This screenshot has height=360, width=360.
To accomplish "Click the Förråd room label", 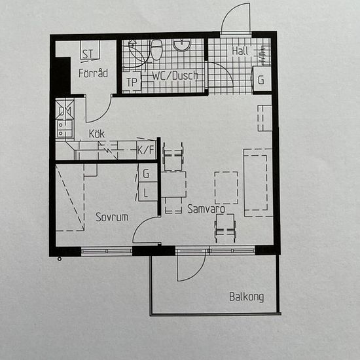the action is [93, 73].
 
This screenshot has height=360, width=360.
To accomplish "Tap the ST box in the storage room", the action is [90, 50].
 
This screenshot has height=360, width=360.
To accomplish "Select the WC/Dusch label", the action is [175, 75].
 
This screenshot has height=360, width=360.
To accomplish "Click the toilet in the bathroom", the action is [156, 49].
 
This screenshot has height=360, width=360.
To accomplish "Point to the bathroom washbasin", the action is [181, 45].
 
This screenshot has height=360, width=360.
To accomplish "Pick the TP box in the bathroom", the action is [132, 82].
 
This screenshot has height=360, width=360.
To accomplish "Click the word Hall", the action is [240, 51].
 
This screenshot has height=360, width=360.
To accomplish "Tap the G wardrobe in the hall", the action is [262, 79].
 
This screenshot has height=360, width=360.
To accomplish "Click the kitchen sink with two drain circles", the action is [65, 128].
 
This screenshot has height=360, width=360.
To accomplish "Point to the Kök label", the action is [97, 134].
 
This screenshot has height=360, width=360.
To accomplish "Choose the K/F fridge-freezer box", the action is [146, 150].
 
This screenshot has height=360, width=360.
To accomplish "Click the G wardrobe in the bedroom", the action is [148, 173].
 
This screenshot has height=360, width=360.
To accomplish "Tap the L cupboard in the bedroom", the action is [148, 192].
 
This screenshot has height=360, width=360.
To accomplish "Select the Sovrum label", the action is [112, 217].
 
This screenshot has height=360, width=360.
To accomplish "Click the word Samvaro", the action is [206, 209].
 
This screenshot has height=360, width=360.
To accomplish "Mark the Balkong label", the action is [247, 297].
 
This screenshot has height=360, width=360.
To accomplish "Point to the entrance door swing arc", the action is [232, 13].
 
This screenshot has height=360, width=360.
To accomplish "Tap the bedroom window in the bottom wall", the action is [107, 251].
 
